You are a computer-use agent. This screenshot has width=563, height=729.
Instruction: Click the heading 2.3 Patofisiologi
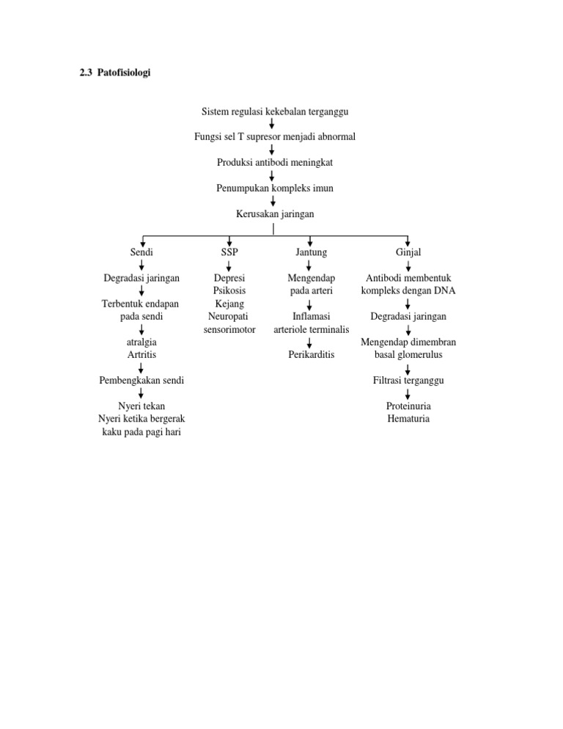pos(114,73)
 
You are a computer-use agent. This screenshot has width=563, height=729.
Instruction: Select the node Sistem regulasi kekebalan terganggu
pos(274,111)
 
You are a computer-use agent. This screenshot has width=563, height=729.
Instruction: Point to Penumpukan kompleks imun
pos(274,188)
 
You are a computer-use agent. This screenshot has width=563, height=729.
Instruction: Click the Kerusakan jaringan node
pos(274,213)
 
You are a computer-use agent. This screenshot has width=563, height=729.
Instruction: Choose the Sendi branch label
pos(141,252)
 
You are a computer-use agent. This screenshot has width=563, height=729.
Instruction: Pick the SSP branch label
pos(229,252)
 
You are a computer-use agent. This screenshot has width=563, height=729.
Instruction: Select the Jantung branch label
pos(311,252)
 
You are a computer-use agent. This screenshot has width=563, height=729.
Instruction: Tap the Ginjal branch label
pos(408,252)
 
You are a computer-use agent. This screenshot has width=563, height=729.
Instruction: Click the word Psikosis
pos(229,291)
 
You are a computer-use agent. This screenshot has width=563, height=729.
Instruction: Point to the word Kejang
pos(229,304)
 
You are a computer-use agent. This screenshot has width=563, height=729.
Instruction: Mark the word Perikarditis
pos(312,355)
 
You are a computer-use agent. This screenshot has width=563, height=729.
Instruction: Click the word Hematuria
pos(408,419)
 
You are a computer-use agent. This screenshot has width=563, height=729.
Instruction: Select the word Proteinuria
pos(408,406)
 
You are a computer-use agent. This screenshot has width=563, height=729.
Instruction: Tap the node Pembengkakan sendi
pos(141,381)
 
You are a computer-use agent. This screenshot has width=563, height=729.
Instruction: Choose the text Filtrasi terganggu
pos(408,381)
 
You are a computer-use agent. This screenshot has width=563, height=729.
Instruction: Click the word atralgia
pos(141,342)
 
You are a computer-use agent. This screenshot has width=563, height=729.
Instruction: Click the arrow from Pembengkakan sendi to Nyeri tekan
pos(141,393)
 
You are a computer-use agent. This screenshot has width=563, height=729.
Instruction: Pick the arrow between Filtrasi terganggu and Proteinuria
pos(408,393)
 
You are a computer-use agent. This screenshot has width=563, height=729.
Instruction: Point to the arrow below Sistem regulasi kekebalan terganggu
pos(273,124)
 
